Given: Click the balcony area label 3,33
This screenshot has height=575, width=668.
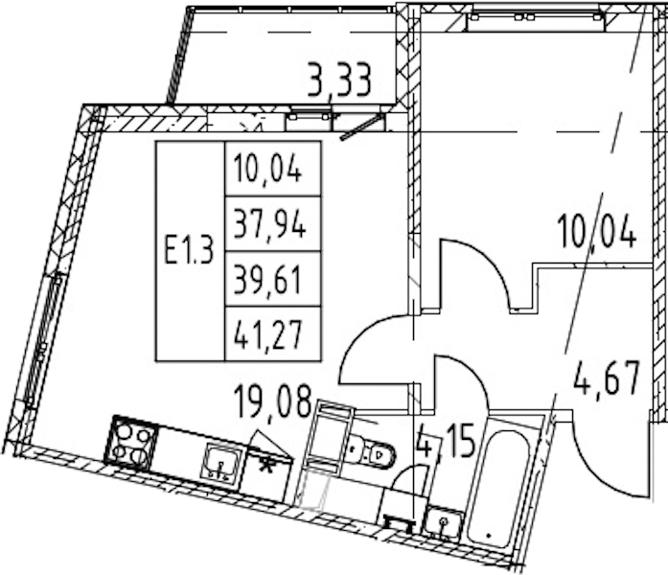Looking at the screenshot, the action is pyautogui.click(x=339, y=80).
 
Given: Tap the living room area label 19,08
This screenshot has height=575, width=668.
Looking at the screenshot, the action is pyautogui.click(x=272, y=401).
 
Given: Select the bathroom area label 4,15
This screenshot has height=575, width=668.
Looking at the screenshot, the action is pyautogui.click(x=446, y=441).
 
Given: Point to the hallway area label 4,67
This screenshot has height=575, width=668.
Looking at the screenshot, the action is pyautogui.click(x=607, y=378).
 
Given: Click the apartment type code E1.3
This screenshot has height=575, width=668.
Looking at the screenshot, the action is pyautogui.click(x=189, y=251).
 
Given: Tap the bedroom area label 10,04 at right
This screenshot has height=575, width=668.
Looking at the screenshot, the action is pyautogui.click(x=596, y=231).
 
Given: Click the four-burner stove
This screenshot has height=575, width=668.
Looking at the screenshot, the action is pyautogui.click(x=131, y=442).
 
